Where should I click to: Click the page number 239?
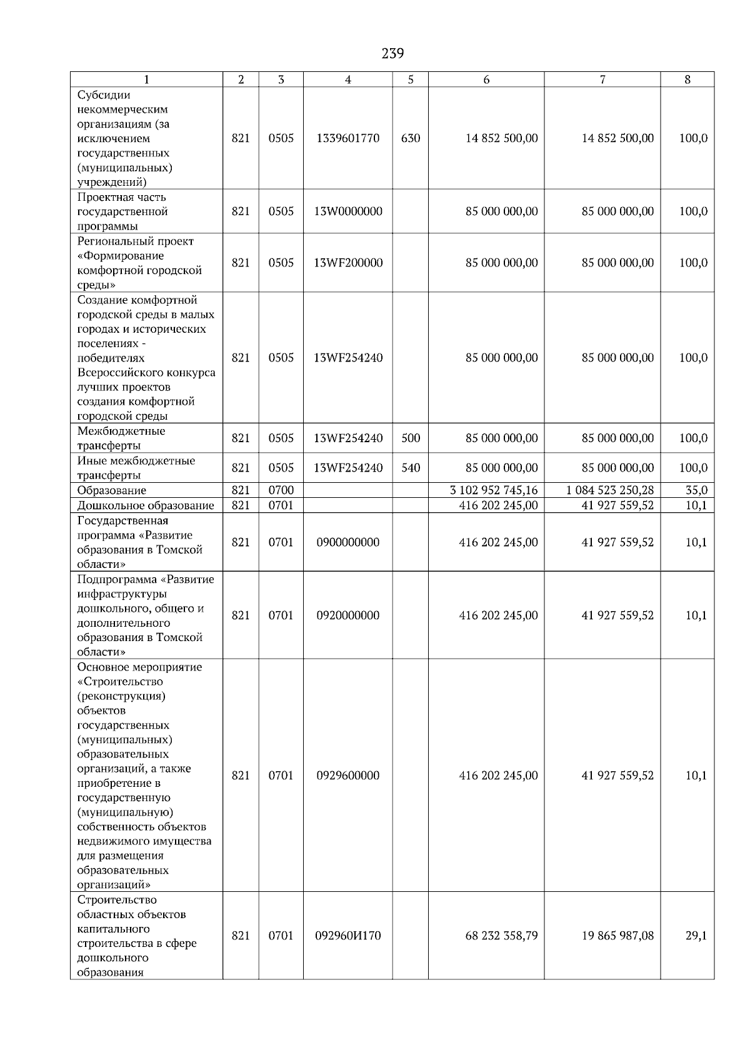[x=392, y=54]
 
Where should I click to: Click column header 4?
[x=348, y=79]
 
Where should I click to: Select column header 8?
[x=687, y=79]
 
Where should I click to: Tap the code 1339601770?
[x=348, y=138]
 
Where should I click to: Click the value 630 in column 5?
[x=411, y=138]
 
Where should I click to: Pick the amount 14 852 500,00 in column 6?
[x=501, y=138]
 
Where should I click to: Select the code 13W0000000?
[x=348, y=211]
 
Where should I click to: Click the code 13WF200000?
[x=348, y=263]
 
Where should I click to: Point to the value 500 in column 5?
[x=411, y=438]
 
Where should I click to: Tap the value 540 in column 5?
[x=411, y=468]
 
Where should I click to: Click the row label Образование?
[x=112, y=491]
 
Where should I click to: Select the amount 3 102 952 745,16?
[x=494, y=490]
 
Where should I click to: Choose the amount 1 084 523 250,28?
[x=610, y=490]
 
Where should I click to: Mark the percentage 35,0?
[x=696, y=490]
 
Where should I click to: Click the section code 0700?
[x=281, y=490]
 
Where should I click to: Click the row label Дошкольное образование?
[x=146, y=505]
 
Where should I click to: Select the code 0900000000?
[x=348, y=542]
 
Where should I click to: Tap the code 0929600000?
[x=348, y=776]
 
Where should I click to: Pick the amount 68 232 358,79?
[x=501, y=936]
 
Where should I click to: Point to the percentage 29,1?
[x=696, y=936]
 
